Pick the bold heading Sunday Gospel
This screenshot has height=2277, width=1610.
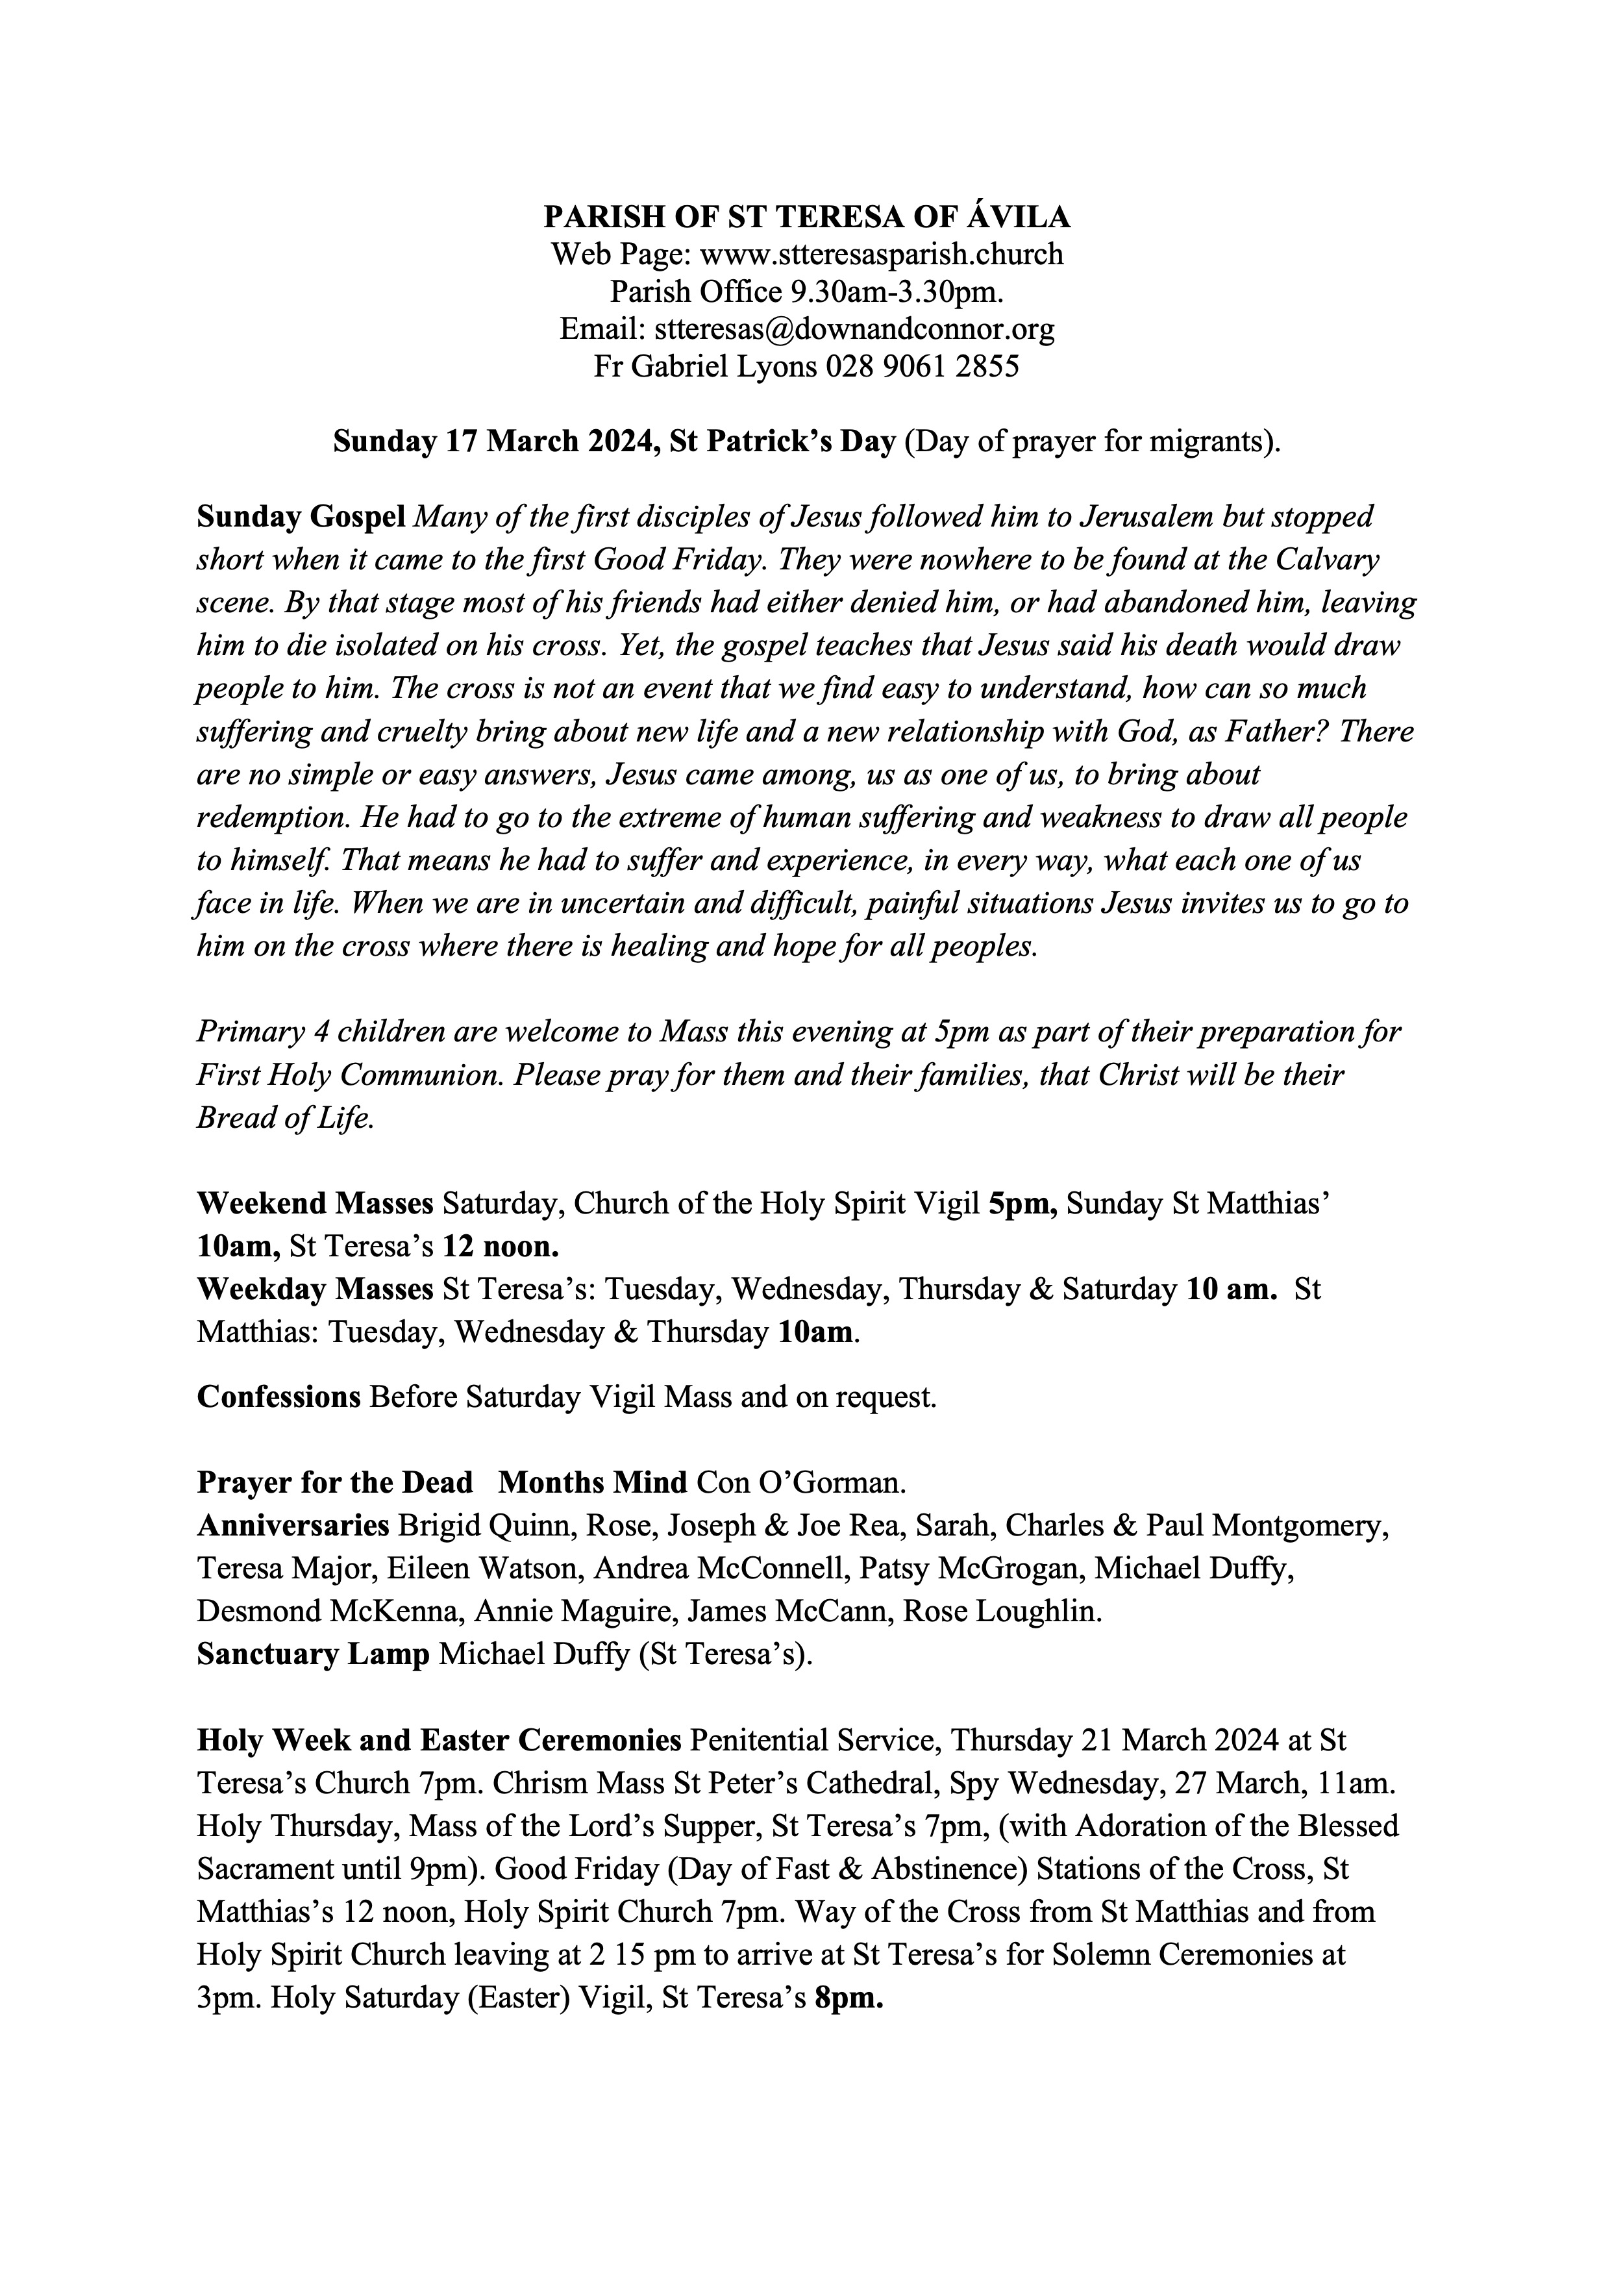point(301,517)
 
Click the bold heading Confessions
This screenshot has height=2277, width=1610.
point(279,1397)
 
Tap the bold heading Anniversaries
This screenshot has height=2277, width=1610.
point(292,1524)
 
